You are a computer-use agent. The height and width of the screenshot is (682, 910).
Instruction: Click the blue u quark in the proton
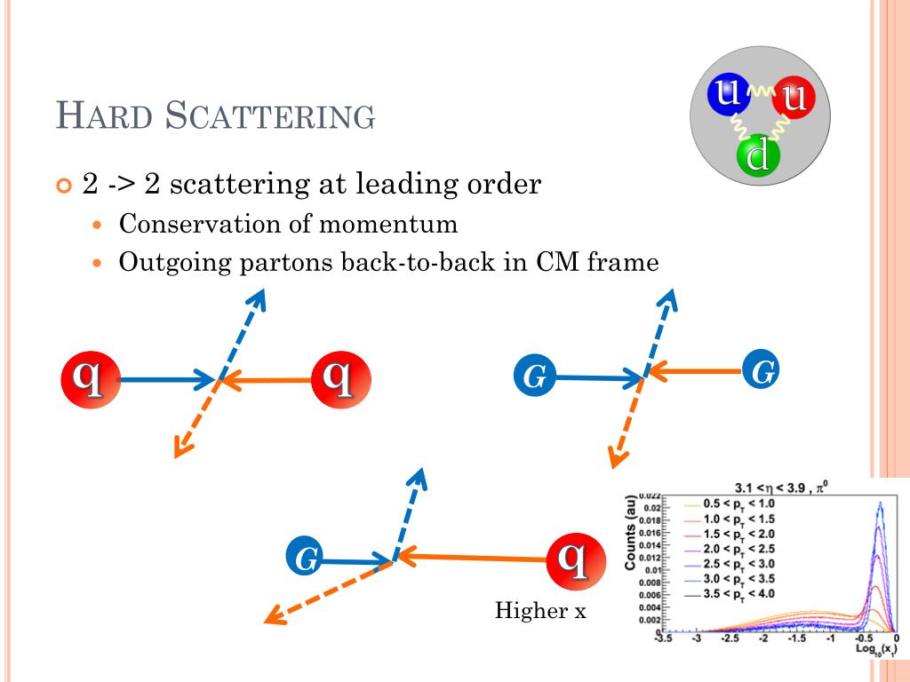coord(729,93)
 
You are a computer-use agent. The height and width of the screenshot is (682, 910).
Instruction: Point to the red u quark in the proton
coord(794,97)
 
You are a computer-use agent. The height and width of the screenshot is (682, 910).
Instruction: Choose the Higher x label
coord(540,611)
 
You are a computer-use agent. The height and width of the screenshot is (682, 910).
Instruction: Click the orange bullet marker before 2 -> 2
coord(62,186)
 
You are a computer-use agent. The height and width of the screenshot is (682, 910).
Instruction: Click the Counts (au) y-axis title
coord(630,533)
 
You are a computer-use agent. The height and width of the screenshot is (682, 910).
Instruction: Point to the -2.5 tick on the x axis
coord(730,638)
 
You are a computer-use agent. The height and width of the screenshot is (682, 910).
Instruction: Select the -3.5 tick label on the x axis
coord(663,638)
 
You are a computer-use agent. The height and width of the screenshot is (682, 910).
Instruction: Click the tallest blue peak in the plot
coord(881,504)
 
